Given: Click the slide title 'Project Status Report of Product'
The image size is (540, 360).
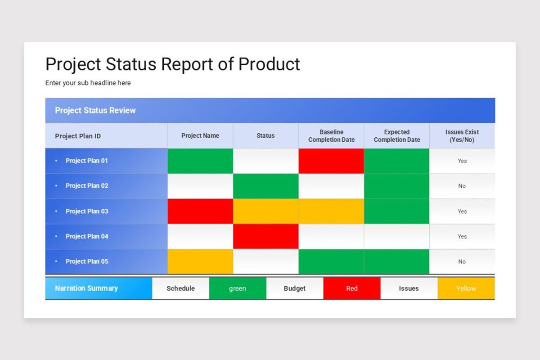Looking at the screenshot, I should [x=172, y=64].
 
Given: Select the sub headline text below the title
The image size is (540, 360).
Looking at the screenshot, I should [x=88, y=83].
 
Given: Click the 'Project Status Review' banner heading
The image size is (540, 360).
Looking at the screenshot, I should [x=95, y=110].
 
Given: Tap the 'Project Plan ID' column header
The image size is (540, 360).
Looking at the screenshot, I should [x=78, y=136].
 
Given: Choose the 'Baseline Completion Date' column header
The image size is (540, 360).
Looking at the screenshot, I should [x=331, y=136].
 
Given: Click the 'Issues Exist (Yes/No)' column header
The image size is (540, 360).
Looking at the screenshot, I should [x=462, y=136].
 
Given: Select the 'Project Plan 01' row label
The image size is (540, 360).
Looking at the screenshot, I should [x=86, y=161].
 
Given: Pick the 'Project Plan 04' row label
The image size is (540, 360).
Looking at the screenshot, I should [x=86, y=236].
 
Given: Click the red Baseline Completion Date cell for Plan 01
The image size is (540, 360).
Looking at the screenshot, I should [x=331, y=161].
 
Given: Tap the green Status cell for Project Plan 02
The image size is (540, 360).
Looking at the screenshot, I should [x=265, y=186].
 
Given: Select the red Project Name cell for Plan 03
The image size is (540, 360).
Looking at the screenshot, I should [x=200, y=211].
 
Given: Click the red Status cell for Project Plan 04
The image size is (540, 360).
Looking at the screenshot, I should [x=265, y=236].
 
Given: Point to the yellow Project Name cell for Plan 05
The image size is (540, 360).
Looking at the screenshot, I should [x=200, y=261].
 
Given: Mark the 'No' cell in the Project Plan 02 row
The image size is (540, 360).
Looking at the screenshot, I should [x=462, y=186].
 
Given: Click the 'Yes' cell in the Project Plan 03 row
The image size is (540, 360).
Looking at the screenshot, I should [x=462, y=211].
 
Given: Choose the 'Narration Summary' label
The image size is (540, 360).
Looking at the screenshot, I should [x=86, y=288].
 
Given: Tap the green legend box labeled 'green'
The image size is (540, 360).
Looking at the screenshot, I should [x=238, y=288].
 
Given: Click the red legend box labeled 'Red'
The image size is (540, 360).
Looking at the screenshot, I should [x=352, y=288].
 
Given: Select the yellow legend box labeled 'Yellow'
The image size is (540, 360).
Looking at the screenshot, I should [x=466, y=288].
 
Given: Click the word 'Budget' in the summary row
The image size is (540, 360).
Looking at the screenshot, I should [x=295, y=288].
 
